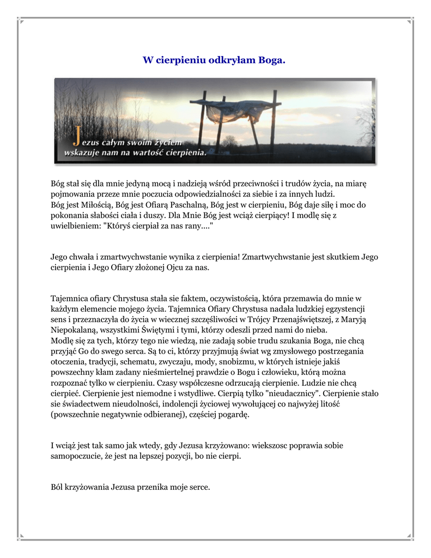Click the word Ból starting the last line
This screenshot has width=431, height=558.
tap(57, 487)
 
